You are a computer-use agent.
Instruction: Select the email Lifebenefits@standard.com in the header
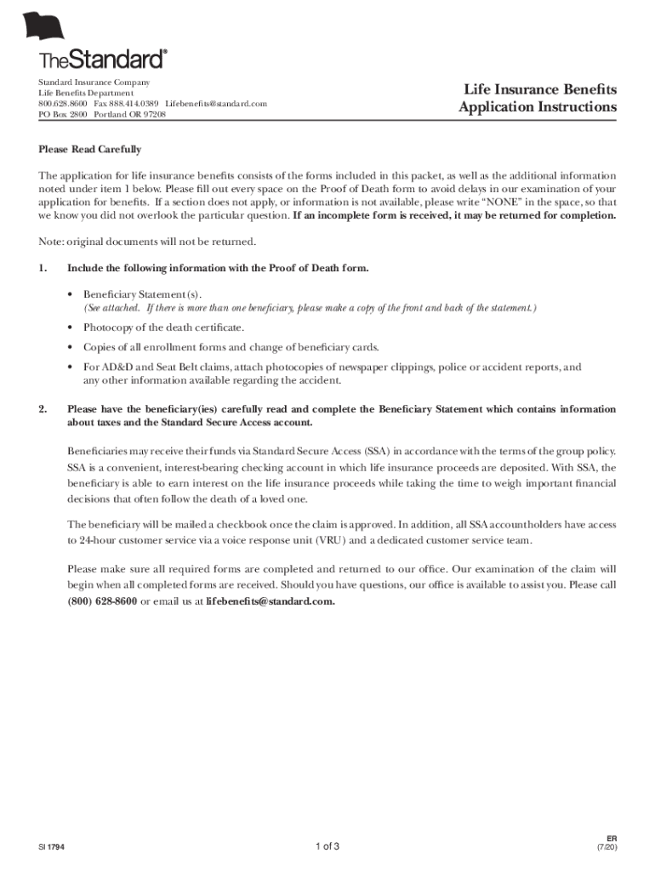pyautogui.click(x=216, y=104)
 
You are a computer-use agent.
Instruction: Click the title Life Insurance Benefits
pyautogui.click(x=539, y=90)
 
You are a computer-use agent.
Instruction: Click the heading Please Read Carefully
pyautogui.click(x=89, y=150)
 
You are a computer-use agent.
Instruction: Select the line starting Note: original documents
pyautogui.click(x=146, y=242)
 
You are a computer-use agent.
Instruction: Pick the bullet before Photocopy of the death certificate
pyautogui.click(x=70, y=327)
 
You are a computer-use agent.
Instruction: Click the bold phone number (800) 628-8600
pyautogui.click(x=102, y=601)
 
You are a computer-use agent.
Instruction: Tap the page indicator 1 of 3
pyautogui.click(x=327, y=846)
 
